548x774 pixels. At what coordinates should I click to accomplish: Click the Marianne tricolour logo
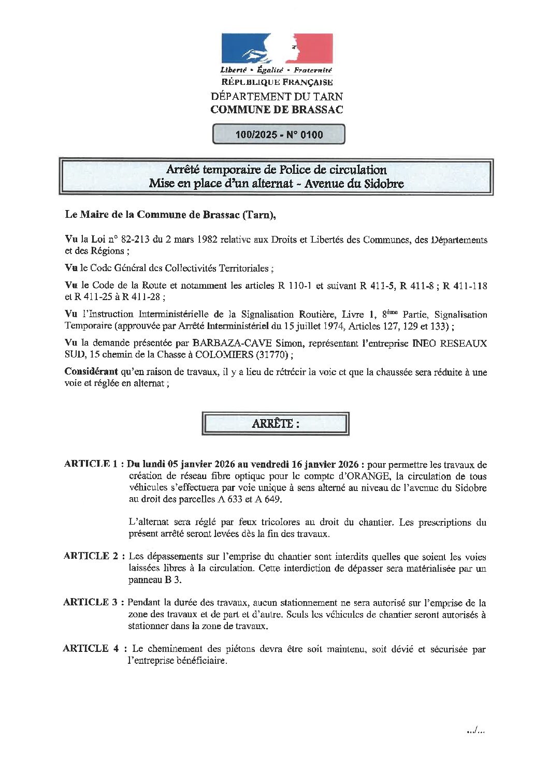click(277, 49)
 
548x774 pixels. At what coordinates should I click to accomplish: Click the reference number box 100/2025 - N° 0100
click(279, 135)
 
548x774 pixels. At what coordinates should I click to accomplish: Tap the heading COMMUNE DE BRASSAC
click(277, 110)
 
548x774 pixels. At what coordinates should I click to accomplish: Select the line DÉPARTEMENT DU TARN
click(277, 96)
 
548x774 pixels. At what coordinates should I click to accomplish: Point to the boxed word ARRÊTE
click(275, 424)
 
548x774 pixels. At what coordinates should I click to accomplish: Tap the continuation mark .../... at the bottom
click(475, 731)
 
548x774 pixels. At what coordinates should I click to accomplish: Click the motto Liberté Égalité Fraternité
click(276, 70)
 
